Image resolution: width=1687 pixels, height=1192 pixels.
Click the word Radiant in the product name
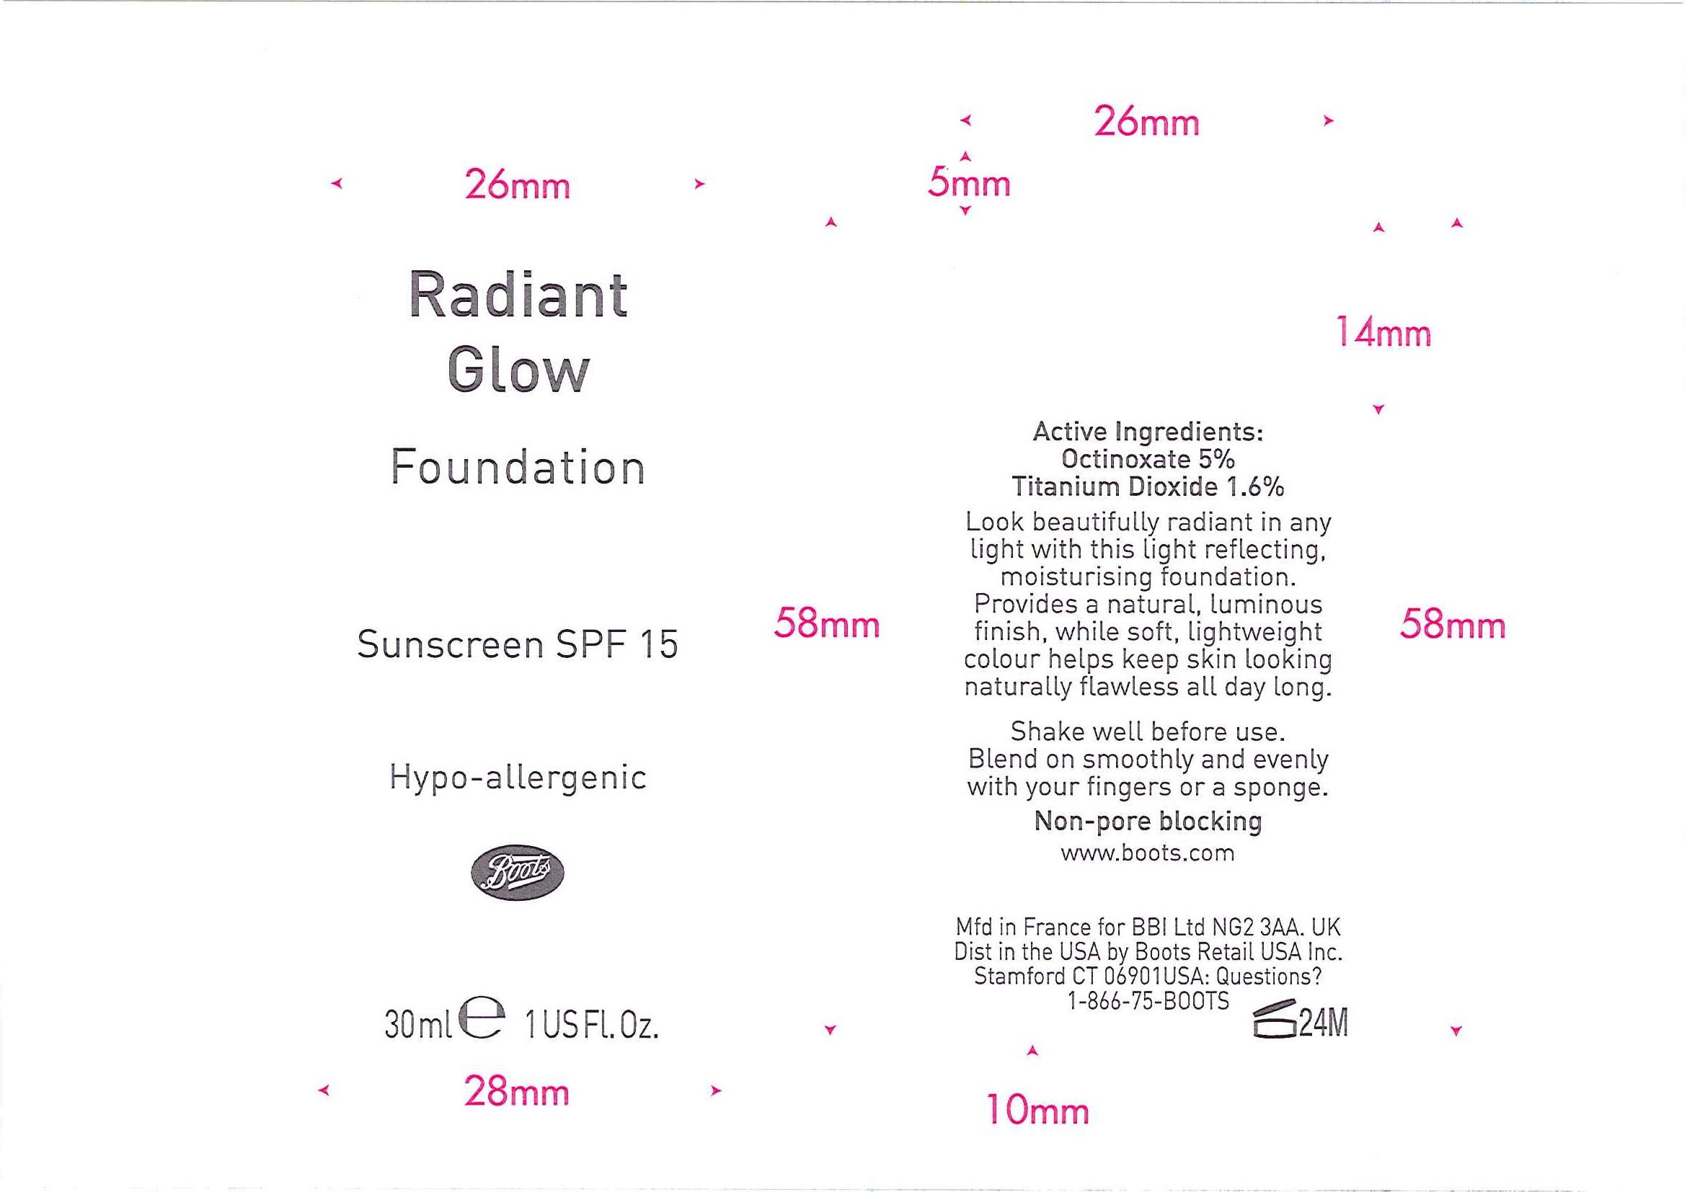(518, 295)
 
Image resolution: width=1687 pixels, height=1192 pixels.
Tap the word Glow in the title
(518, 370)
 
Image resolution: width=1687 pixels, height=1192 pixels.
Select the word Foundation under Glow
(518, 467)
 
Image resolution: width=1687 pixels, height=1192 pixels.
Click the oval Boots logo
(517, 872)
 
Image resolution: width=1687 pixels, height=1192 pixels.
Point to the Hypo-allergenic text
(518, 777)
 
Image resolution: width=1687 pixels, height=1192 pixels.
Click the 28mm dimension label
(516, 1091)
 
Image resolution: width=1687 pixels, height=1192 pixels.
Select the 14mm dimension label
(1383, 332)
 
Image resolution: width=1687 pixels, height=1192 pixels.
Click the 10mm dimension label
(1037, 1110)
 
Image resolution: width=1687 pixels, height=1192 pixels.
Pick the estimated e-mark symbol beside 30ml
(482, 1018)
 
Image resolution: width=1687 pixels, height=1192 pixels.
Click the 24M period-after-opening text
(1324, 1023)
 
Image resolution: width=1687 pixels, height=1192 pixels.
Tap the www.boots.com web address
(1148, 853)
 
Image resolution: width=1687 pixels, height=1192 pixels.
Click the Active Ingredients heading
(1148, 432)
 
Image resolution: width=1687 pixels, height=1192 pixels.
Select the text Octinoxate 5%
(1148, 459)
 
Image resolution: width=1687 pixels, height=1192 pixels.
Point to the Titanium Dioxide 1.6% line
(1148, 486)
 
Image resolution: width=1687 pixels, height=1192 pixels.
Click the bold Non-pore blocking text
(1148, 821)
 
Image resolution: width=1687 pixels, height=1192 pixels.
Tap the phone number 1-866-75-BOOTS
(1148, 1001)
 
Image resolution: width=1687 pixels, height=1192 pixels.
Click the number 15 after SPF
(658, 645)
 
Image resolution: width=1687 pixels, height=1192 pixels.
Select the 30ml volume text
(418, 1025)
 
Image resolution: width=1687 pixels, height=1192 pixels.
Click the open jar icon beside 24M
(1275, 1020)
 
